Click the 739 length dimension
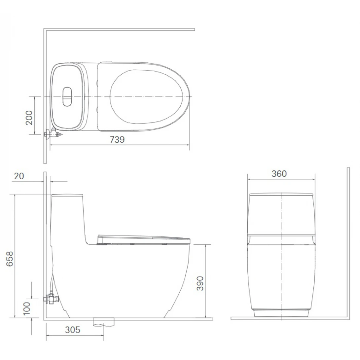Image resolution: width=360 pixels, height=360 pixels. pyautogui.click(x=117, y=140)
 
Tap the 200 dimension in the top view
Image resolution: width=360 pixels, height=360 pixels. pyautogui.click(x=29, y=118)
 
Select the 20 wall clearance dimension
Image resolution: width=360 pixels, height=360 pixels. pyautogui.click(x=19, y=176)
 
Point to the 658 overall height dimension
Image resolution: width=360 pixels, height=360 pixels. pyautogui.click(x=10, y=259)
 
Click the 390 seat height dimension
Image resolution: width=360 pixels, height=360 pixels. pyautogui.click(x=200, y=283)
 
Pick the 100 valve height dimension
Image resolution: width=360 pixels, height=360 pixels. pyautogui.click(x=27, y=308)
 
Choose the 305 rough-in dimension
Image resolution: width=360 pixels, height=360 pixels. pyautogui.click(x=73, y=330)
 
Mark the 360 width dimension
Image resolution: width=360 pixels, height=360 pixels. pyautogui.click(x=279, y=174)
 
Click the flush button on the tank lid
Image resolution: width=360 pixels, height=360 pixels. pyautogui.click(x=67, y=96)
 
